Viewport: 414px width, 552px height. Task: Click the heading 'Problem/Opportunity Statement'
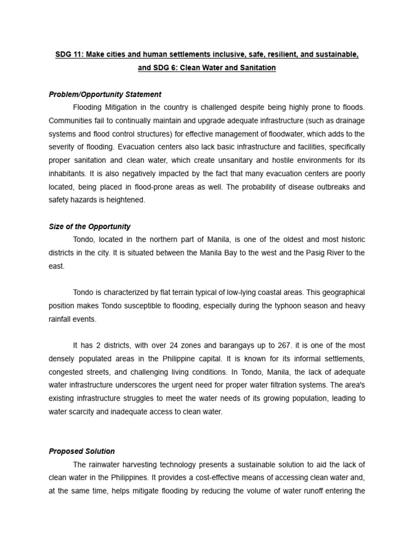(105, 94)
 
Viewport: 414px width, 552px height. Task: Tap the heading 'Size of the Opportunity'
(89, 226)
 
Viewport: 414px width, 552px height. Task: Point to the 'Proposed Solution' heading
(82, 451)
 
